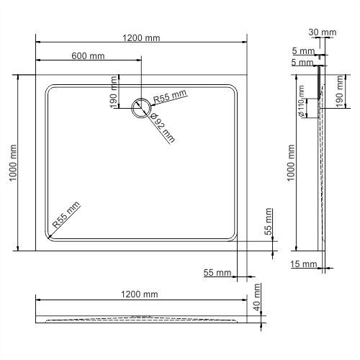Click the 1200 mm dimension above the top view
(x=141, y=38)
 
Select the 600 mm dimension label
(x=87, y=56)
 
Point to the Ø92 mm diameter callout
(x=163, y=127)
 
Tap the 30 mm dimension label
(x=322, y=32)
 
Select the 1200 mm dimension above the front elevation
(x=140, y=294)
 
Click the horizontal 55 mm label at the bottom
(x=217, y=273)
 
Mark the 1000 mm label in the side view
(x=290, y=163)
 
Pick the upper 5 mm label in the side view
(x=302, y=51)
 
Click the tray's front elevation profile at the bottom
(x=142, y=318)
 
